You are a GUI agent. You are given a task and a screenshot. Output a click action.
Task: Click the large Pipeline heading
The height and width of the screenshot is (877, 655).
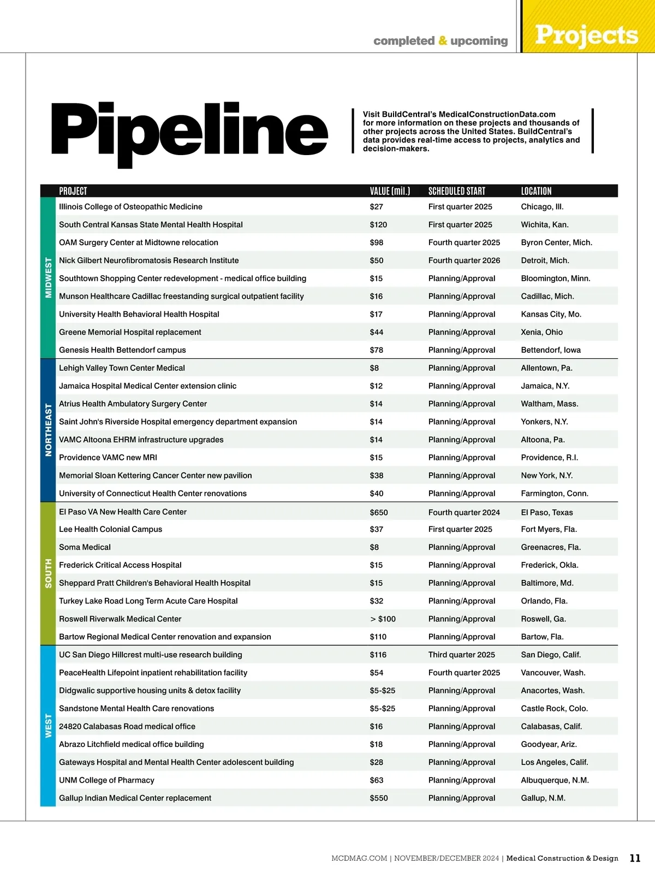coord(189,131)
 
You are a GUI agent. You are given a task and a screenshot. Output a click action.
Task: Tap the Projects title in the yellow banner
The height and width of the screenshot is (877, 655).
coord(586,35)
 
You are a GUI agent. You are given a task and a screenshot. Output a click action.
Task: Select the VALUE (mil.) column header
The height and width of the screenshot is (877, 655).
coord(390,191)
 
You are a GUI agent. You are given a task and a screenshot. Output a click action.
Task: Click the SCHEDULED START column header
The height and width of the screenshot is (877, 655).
coord(456,191)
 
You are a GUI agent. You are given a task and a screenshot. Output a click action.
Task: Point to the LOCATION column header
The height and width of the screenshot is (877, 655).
coord(536,191)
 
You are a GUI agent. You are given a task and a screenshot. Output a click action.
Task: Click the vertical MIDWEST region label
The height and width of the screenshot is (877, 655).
coord(49,277)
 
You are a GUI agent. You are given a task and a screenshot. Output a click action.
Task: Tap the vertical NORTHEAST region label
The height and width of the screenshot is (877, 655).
coord(49,430)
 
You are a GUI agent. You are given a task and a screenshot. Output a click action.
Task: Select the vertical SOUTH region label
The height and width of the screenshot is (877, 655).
coord(49,573)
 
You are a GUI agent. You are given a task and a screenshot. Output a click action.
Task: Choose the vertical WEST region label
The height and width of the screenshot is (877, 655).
coord(49,726)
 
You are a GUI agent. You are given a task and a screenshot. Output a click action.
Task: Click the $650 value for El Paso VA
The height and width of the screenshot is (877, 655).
coord(379,512)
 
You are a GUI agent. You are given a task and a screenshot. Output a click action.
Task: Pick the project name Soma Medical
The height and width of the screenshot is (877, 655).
coord(85,547)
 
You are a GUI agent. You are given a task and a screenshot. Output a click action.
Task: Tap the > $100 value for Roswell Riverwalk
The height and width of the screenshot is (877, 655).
coord(383,619)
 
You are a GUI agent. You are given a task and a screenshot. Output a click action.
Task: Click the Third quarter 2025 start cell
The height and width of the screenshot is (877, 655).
coord(461,655)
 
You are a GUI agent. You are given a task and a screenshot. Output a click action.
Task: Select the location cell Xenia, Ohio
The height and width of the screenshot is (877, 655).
coord(541,332)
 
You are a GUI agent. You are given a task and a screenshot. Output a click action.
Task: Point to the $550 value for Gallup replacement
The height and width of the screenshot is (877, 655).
coord(379,798)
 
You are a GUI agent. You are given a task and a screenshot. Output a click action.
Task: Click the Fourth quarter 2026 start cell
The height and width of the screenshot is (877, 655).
coord(464,260)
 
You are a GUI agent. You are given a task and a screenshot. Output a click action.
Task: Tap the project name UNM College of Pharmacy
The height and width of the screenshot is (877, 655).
coord(106,780)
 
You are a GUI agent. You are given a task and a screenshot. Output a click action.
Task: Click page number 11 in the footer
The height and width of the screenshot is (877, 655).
coord(635,858)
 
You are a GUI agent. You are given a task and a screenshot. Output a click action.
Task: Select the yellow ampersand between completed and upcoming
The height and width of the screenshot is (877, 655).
coord(443,41)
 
